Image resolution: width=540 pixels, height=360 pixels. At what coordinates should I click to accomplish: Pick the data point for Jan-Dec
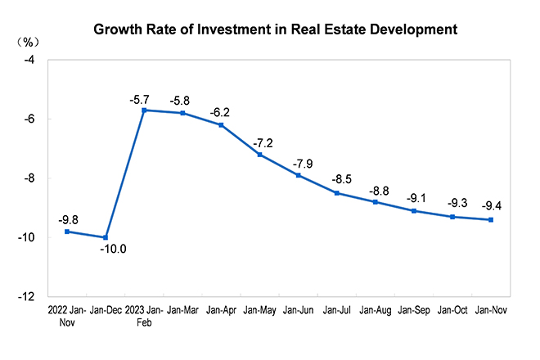[x=106, y=237]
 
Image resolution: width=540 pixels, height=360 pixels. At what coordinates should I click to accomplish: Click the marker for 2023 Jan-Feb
[x=144, y=110]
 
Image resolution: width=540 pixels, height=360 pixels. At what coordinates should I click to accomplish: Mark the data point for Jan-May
[x=259, y=155]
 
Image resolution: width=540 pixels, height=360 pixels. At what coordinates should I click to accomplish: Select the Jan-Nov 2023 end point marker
[x=491, y=219]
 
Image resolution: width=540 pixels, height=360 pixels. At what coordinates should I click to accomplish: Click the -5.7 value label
[x=140, y=99]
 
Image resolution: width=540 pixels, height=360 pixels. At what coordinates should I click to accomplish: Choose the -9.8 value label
[x=68, y=219]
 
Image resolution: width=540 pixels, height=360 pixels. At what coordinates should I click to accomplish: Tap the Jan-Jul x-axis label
[x=337, y=311]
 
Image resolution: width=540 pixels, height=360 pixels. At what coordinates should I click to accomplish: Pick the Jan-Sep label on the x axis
[x=414, y=311]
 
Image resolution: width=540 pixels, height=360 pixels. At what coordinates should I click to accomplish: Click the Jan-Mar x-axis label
[x=183, y=311]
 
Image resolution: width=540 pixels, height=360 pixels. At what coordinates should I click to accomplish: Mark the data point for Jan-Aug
[x=375, y=202]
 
